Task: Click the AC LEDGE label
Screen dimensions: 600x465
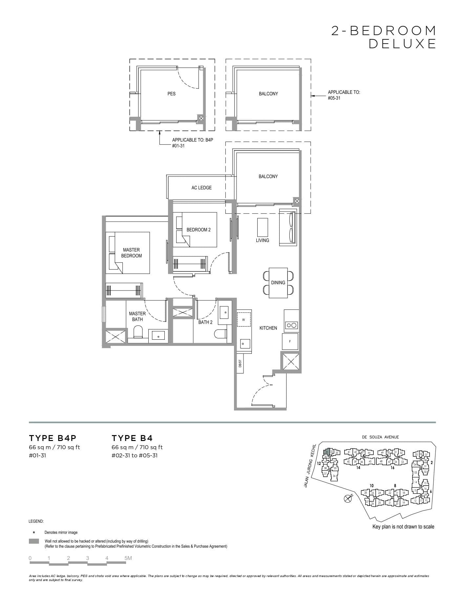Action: point(201,188)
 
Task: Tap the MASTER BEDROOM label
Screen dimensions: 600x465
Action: point(131,253)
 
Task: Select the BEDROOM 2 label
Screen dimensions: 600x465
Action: point(199,230)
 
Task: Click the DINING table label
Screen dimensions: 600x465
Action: point(278,283)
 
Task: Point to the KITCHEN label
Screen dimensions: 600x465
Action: point(268,328)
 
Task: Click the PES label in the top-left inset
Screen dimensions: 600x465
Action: point(171,94)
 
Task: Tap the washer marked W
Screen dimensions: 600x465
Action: point(243,320)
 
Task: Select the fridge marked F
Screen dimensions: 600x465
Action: point(290,341)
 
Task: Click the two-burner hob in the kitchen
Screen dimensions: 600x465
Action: point(291,326)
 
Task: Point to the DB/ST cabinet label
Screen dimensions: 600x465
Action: point(240,363)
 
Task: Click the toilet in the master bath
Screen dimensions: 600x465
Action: point(138,332)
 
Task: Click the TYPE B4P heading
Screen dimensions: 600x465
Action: point(53,438)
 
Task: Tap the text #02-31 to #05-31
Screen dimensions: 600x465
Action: point(135,455)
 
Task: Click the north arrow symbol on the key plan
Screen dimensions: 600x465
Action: point(347,499)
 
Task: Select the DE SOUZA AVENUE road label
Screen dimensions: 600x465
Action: point(380,437)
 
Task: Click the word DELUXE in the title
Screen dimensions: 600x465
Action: point(402,44)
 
